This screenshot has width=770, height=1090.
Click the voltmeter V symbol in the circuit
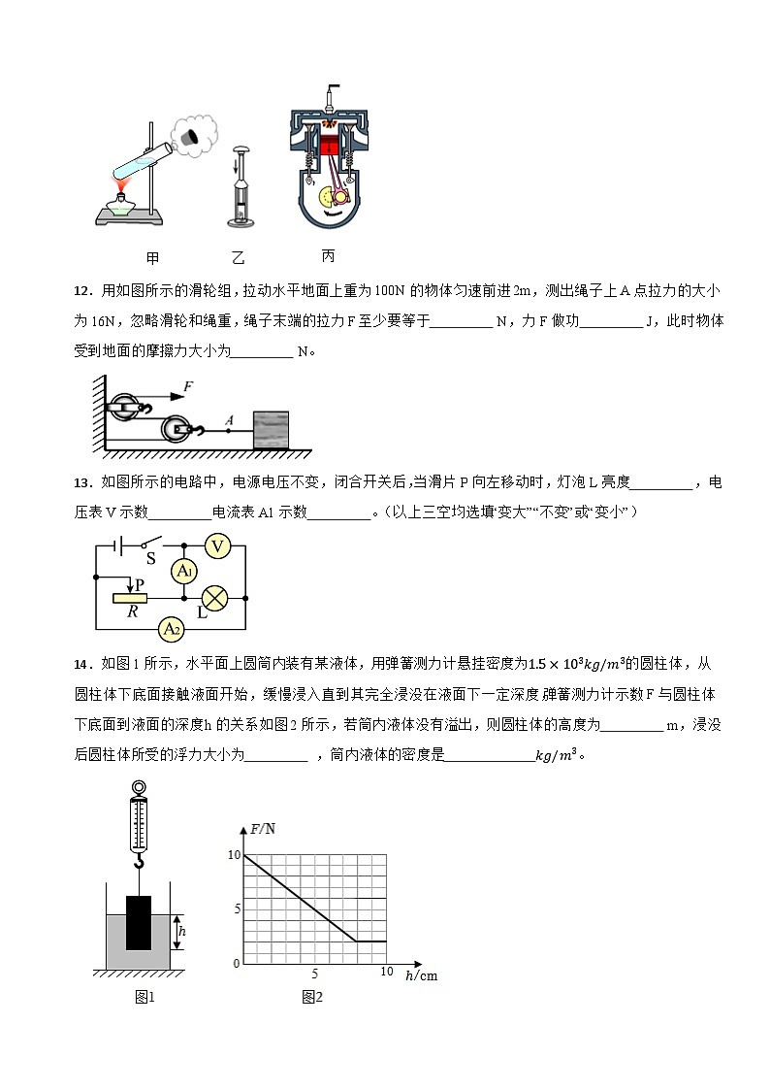(217, 546)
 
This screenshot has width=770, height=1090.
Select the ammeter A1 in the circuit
(184, 573)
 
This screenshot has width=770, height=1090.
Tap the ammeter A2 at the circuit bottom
(172, 630)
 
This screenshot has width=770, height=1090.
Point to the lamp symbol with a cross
(213, 598)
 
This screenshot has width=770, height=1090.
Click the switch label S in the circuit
(150, 559)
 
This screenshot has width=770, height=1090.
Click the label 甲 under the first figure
(151, 258)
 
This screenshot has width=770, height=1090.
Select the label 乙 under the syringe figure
(240, 258)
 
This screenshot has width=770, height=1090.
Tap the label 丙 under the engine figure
(328, 256)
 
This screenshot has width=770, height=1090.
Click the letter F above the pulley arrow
(188, 386)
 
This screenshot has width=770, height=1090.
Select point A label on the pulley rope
(229, 419)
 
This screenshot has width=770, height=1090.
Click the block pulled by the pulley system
(271, 430)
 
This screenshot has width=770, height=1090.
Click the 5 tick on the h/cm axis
(315, 973)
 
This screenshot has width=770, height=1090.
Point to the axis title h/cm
(421, 975)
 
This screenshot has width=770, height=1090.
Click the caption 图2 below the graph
(311, 997)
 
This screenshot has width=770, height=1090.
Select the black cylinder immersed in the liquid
(140, 922)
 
